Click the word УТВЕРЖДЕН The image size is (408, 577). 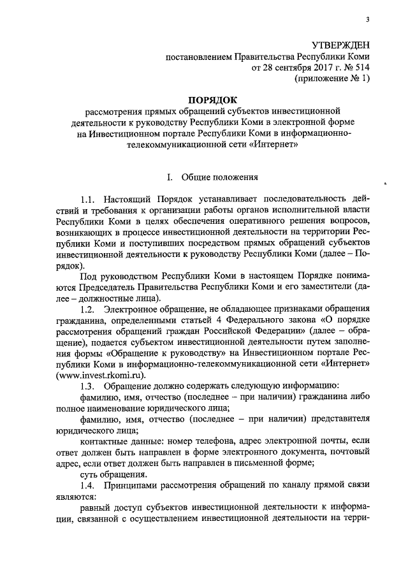(340, 45)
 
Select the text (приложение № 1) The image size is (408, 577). (331, 80)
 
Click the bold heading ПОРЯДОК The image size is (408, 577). (210, 99)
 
